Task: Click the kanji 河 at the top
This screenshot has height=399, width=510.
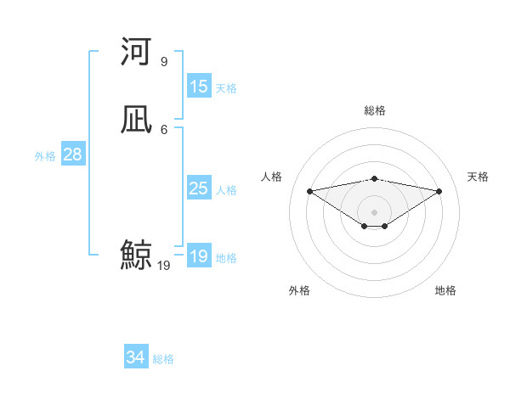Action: coord(136,53)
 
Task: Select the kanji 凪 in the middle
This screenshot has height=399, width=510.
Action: coord(136,121)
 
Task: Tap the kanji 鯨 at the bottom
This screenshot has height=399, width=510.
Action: coord(136,255)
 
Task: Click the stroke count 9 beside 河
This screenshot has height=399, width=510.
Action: coord(164,62)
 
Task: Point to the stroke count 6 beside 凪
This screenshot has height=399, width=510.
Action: coord(164,129)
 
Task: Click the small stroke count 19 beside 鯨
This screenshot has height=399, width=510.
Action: coord(164,266)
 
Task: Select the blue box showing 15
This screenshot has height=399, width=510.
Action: coord(198,87)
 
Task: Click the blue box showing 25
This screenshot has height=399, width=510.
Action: coord(198,188)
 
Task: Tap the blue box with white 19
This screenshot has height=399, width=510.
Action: coord(198,256)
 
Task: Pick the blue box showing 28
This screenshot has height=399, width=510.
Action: coord(72,155)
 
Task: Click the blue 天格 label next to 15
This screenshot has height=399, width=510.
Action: coord(226,87)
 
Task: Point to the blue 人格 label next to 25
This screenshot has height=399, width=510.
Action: coord(226,189)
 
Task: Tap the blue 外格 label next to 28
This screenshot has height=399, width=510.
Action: coord(45,155)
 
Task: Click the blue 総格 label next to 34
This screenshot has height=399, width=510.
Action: coord(163,359)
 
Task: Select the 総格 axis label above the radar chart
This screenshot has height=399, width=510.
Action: coord(375,110)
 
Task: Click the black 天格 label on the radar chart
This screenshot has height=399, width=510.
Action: coord(478,177)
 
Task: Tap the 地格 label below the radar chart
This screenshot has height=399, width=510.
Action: coord(445,290)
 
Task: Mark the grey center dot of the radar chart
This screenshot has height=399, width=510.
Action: coord(375,211)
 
